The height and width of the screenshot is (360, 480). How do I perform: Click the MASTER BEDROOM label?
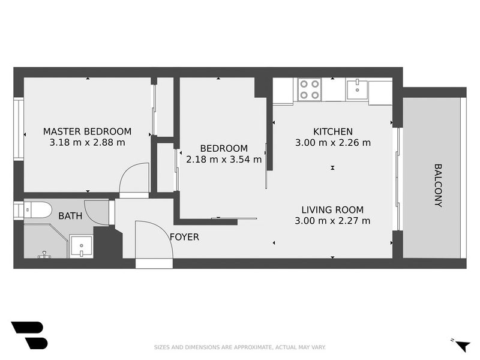click(87, 131)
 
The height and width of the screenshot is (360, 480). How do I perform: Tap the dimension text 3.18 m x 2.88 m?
click(87, 143)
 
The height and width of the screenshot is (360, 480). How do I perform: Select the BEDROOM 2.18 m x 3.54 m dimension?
click(224, 160)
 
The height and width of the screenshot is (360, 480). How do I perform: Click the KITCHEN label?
click(332, 131)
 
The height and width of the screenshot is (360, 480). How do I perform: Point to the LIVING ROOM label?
click(332, 209)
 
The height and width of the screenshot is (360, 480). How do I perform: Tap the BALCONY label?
click(438, 185)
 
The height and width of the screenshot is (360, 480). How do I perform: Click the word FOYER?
click(184, 237)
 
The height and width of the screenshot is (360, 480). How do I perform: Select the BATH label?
click(70, 215)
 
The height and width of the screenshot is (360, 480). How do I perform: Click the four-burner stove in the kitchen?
click(309, 89)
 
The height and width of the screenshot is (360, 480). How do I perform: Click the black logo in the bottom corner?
click(29, 335)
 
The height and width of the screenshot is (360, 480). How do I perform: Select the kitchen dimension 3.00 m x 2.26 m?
click(332, 143)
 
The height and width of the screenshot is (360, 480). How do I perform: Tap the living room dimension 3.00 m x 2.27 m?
click(332, 221)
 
